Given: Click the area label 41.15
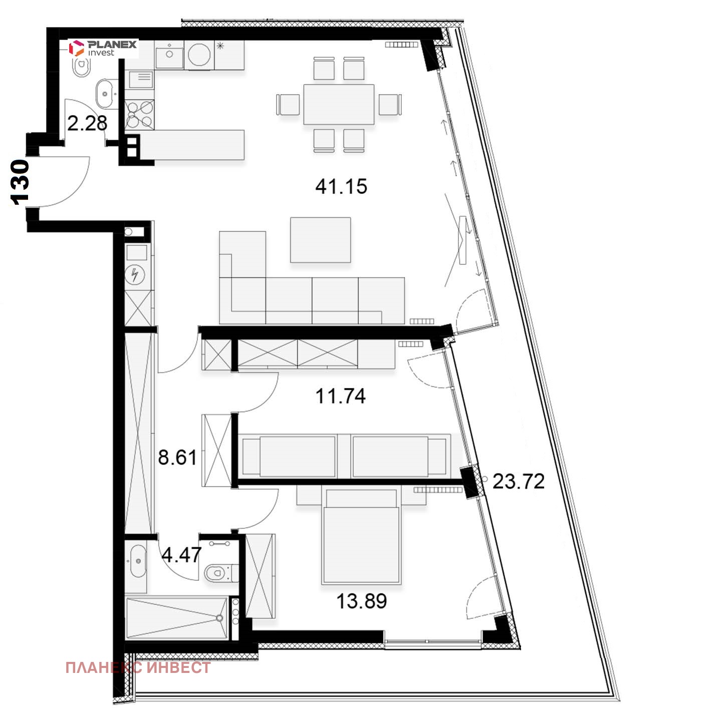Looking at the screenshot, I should point(341,187).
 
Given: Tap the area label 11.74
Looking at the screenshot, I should point(340,396).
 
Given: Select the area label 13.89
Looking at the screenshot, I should point(361,601).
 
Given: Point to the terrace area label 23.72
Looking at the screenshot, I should point(518,481).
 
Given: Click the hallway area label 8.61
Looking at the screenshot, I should point(177,457).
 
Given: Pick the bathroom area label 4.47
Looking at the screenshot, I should point(181,555).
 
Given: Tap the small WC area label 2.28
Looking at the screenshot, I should point(87,123).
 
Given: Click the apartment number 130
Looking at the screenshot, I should point(20,182).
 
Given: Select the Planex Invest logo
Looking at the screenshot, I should point(103,48).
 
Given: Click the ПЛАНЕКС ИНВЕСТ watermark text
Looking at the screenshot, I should point(138,667).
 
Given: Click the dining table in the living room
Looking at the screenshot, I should point(339,104).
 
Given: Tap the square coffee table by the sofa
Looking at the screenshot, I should point(320,239).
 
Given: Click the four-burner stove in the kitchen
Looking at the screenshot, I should point(139,114).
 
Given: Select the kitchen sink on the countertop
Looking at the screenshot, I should point(169,54).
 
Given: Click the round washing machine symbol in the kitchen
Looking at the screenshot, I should point(200,55).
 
